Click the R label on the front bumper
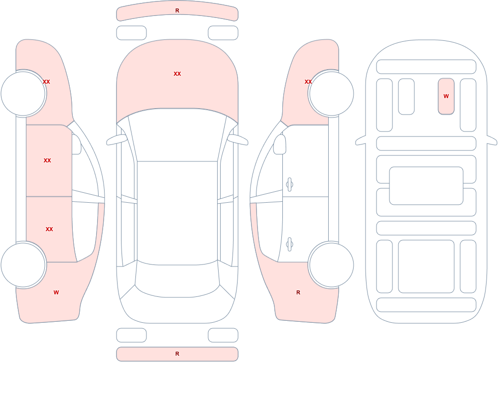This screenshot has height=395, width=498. click(x=177, y=10)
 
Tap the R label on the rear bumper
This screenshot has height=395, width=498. click(x=177, y=354)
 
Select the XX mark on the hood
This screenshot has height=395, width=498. click(x=177, y=74)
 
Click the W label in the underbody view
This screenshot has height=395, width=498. click(x=446, y=96)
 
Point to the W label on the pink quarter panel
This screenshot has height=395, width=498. click(x=56, y=292)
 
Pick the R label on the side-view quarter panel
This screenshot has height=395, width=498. click(x=298, y=292)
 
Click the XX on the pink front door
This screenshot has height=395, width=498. click(x=47, y=160)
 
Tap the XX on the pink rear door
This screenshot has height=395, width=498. click(x=49, y=229)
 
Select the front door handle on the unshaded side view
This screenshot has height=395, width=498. click(x=289, y=185)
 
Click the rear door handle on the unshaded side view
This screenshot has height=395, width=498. click(x=289, y=245)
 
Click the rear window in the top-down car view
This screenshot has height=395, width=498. click(x=177, y=279)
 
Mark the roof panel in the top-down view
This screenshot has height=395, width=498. click(x=177, y=213)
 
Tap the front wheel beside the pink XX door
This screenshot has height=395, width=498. click(x=23, y=94)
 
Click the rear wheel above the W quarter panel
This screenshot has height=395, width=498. click(x=23, y=264)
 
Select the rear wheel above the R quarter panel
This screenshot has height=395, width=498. click(x=331, y=264)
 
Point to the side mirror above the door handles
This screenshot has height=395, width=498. click(x=279, y=144)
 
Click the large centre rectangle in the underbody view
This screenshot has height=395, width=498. click(x=426, y=186)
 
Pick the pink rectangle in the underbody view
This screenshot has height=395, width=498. click(x=446, y=96)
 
